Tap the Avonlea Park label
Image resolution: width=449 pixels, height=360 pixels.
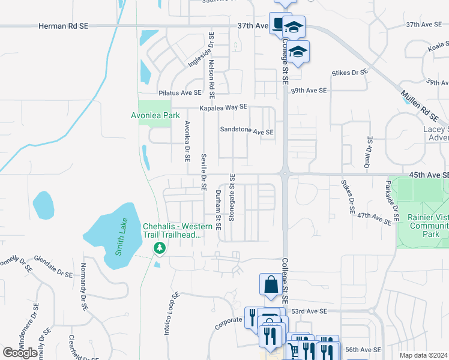coord(155,115)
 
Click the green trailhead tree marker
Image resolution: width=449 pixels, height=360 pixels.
coord(159,248)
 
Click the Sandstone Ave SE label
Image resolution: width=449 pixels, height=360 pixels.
coord(247,131)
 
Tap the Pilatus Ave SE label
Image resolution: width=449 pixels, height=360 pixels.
coord(179,93)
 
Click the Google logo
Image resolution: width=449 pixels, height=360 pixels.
coord(20,353)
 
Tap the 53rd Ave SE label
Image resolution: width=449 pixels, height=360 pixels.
coord(307,311)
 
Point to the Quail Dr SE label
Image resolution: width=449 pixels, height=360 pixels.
coord(368,152)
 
